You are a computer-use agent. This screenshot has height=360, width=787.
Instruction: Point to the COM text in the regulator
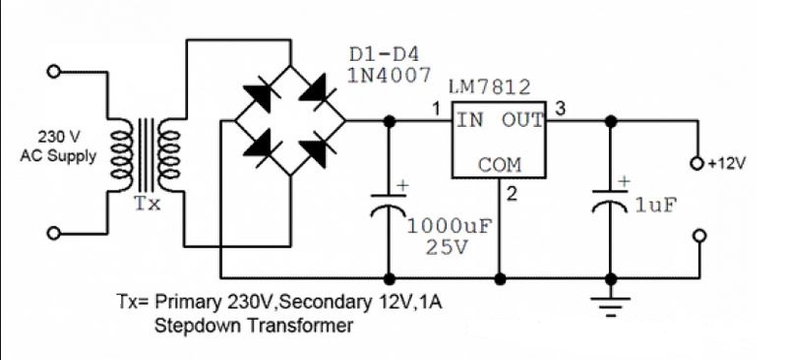point(500,165)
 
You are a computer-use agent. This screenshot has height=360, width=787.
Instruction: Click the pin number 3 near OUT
point(560,109)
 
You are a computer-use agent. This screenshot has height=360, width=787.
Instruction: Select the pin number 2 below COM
point(511,194)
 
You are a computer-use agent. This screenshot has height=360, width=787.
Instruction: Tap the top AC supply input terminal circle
point(55,71)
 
